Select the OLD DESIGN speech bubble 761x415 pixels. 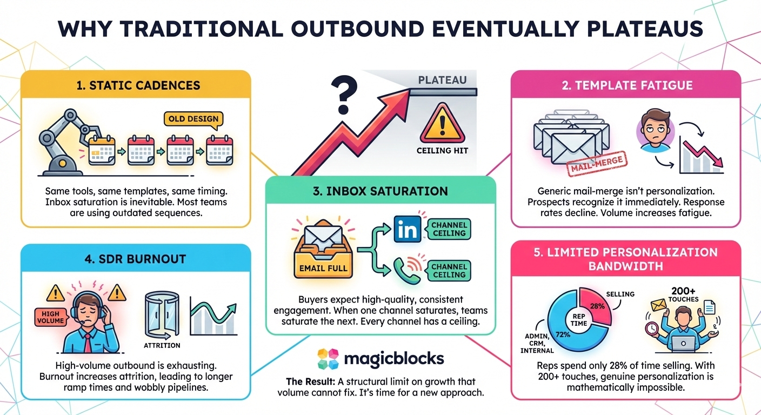193,119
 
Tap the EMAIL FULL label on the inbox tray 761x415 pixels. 323,268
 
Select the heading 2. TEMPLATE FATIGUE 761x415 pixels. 626,85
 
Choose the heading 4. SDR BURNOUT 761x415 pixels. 136,259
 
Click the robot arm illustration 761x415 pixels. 62,140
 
